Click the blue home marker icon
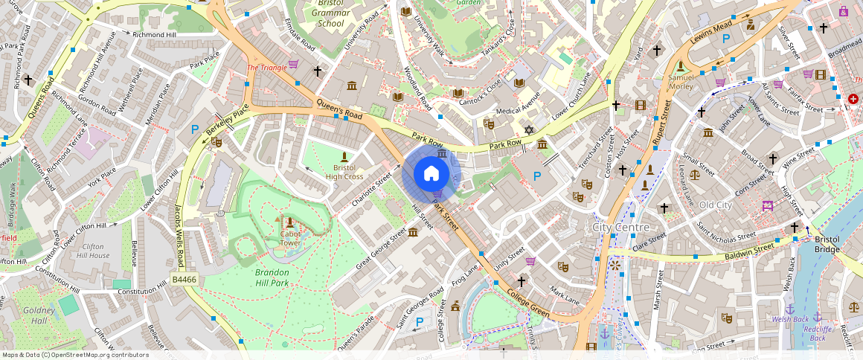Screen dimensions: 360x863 (431, 174)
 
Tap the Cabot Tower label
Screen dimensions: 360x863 (290, 238)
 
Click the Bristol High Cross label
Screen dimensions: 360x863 (344, 171)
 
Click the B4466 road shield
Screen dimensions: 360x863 (183, 279)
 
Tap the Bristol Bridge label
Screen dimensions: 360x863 (827, 244)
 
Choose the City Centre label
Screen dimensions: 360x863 (620, 227)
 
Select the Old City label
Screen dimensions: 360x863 (716, 205)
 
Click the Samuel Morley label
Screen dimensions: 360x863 (681, 81)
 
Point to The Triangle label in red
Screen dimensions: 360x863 (266, 68)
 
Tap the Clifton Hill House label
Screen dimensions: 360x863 (96, 251)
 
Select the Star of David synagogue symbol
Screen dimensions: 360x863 (530, 130)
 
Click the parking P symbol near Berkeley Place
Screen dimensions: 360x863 (195, 129)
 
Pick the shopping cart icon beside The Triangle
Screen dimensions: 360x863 (293, 65)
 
